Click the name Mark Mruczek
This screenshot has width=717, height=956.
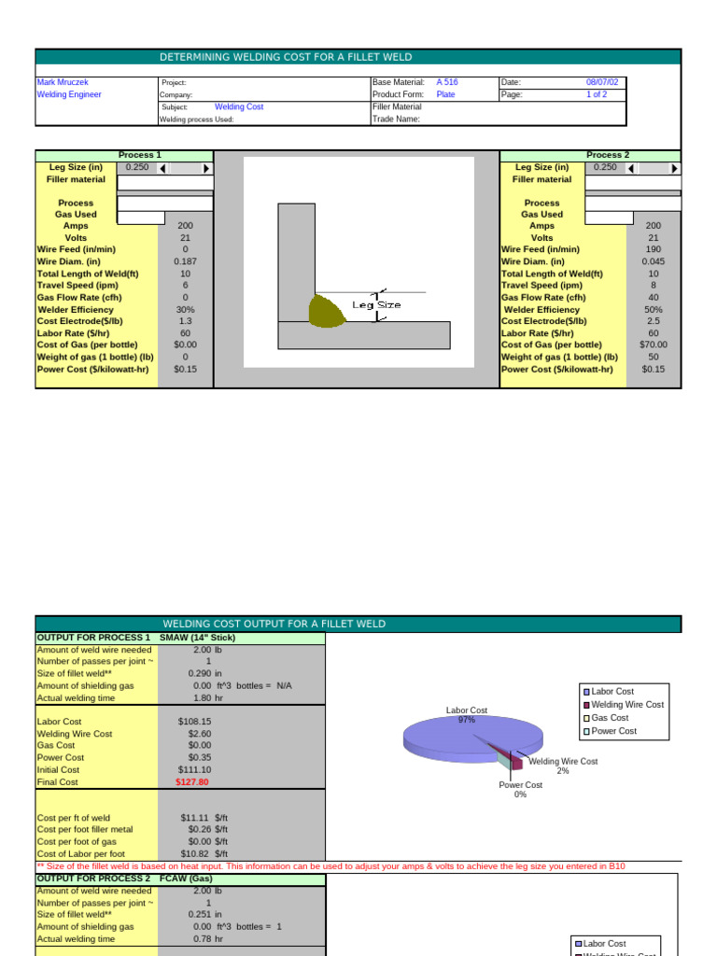[63, 82]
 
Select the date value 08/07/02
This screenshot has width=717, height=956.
[602, 82]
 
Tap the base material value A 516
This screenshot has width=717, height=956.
[447, 82]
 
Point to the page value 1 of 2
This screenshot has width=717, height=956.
[597, 94]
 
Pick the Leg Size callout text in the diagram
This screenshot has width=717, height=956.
[376, 304]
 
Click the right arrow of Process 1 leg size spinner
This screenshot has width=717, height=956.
[206, 168]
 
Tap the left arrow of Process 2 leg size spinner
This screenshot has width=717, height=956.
[632, 168]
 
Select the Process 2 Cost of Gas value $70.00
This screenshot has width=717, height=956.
[654, 344]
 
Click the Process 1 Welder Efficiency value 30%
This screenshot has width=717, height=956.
[186, 309]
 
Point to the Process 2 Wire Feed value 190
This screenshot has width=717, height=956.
[654, 249]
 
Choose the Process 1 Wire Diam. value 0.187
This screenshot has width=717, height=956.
[186, 261]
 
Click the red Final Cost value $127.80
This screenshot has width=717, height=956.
[192, 782]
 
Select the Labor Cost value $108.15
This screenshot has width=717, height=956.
[194, 722]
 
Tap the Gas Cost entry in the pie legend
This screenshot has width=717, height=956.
[610, 718]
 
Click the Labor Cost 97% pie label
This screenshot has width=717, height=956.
[467, 715]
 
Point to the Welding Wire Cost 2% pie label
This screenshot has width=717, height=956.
[563, 766]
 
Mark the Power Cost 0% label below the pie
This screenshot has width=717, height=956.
[520, 790]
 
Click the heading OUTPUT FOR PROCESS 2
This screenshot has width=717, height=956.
[93, 879]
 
